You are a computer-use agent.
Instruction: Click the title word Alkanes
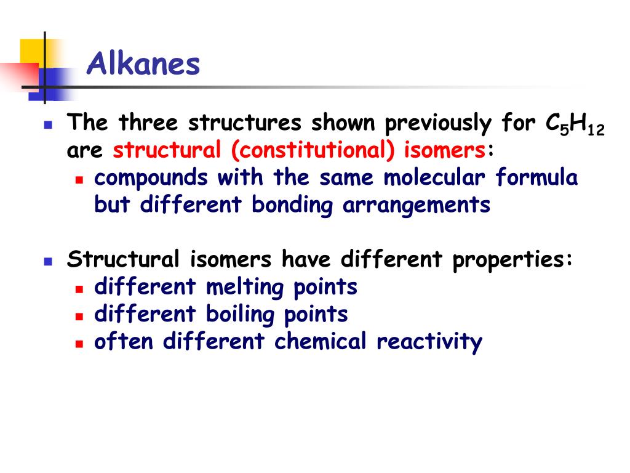coord(143,64)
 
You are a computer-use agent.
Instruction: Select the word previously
coord(438,124)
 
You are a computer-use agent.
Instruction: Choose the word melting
coord(249,287)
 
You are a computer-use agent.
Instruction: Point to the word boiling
coord(241,314)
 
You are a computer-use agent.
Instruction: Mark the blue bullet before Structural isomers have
coord(48,261)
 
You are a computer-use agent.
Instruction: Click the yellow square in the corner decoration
coord(32,52)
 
